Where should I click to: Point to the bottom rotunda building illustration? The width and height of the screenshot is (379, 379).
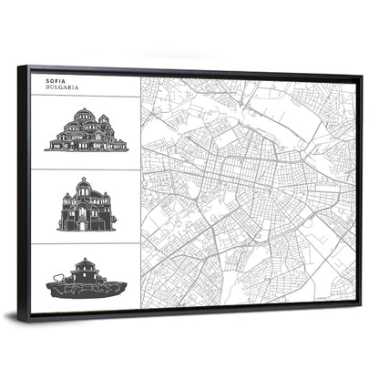tap(87, 278)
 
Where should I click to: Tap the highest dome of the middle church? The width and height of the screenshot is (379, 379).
tap(84, 186)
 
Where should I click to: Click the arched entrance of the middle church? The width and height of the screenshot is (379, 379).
tap(84, 220)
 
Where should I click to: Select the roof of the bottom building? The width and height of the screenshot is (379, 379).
tap(87, 263)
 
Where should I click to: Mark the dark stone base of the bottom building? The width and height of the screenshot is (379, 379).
tap(87, 288)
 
